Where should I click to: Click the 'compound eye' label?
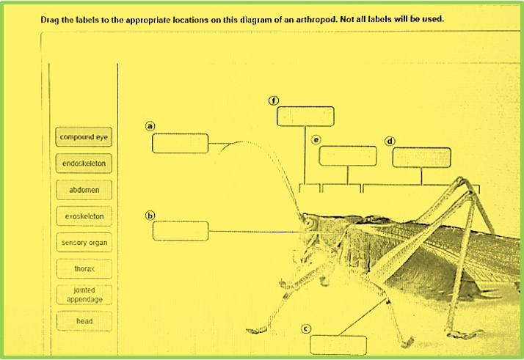click(x=84, y=137)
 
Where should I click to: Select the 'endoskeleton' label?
click(x=84, y=164)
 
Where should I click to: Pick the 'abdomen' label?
click(x=84, y=190)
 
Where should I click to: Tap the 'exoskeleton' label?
click(x=84, y=216)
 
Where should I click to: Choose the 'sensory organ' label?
click(x=84, y=243)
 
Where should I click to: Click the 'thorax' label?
click(x=84, y=268)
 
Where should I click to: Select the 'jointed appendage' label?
click(x=84, y=295)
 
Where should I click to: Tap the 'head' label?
click(x=84, y=321)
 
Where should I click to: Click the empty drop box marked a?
click(x=180, y=144)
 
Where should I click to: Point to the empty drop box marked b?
click(x=181, y=231)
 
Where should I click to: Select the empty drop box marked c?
click(x=338, y=345)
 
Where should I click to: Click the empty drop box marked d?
click(x=421, y=158)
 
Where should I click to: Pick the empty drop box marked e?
click(x=348, y=156)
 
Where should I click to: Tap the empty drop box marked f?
click(x=305, y=117)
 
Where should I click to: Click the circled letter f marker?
click(x=274, y=100)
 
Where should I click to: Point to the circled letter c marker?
click(x=306, y=329)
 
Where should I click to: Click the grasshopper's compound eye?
click(x=309, y=223)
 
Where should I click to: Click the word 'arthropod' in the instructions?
click(x=316, y=19)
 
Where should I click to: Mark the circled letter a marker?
click(x=150, y=126)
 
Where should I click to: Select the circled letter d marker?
click(x=390, y=142)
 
